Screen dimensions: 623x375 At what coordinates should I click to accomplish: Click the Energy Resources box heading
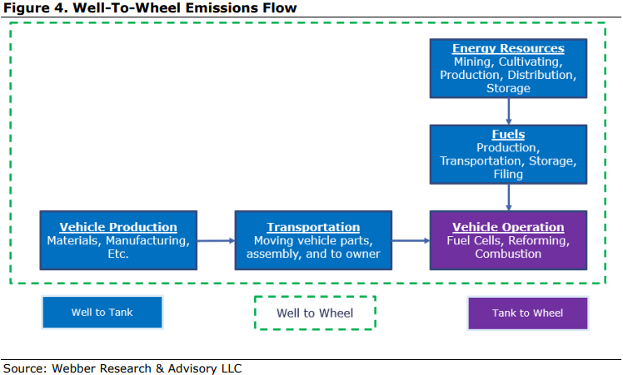coord(508,48)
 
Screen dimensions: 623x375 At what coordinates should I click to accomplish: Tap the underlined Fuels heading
coord(508,134)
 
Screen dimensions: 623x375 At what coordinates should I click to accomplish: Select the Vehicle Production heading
coord(118,227)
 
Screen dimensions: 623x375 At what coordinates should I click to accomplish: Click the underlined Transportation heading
coord(313,227)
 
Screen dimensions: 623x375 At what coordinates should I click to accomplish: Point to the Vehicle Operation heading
coord(508,227)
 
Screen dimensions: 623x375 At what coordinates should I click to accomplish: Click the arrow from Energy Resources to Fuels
coord(509,111)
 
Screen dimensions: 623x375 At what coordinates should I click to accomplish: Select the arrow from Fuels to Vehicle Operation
coord(509,197)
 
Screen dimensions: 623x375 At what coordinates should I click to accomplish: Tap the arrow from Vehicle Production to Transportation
coord(216,240)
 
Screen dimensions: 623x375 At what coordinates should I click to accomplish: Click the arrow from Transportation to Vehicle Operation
coord(411,240)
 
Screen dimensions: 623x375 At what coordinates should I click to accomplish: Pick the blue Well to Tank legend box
coord(102,313)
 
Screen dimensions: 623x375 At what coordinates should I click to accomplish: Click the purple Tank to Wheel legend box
coord(528,313)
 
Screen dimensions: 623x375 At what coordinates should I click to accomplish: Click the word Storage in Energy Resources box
coord(508,88)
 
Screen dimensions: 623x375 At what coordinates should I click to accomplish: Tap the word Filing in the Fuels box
coord(508,175)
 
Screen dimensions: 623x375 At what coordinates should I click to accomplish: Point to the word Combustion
coord(508,254)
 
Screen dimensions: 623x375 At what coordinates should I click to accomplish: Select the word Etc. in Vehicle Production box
coord(118,254)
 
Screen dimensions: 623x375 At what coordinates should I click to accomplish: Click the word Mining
coord(474,62)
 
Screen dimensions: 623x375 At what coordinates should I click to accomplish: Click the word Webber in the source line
coord(73,368)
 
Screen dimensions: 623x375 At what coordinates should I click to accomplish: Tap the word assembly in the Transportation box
coord(273,254)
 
